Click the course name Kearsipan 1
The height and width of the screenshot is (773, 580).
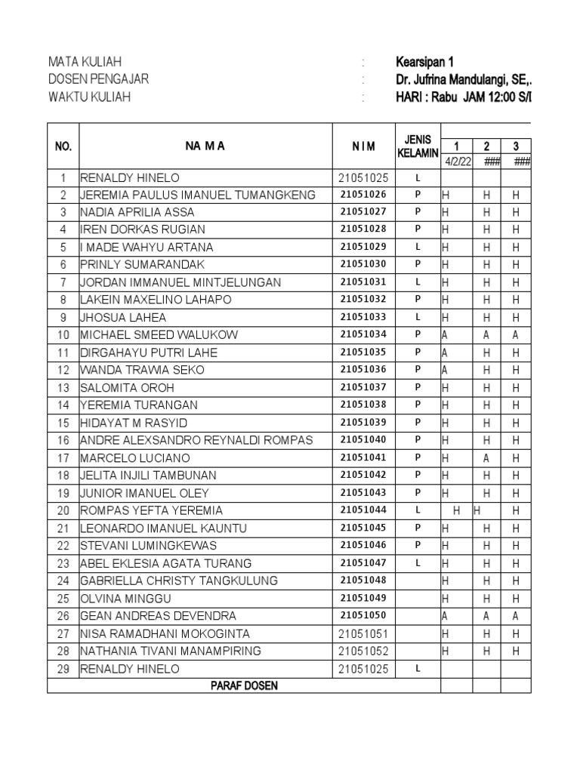(424, 63)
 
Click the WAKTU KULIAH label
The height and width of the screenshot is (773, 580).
(89, 97)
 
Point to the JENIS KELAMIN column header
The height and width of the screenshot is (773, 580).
(418, 146)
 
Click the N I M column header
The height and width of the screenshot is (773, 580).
(363, 146)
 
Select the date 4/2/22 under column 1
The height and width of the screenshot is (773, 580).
(456, 161)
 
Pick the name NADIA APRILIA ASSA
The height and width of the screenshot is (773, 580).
(137, 212)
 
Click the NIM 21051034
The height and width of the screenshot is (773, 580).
(363, 334)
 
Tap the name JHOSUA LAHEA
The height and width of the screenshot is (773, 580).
(123, 317)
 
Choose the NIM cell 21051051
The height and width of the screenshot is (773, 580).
(363, 633)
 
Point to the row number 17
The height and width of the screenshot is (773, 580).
(63, 458)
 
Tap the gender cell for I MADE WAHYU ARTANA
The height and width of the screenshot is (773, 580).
(418, 247)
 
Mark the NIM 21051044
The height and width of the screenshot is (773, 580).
(363, 510)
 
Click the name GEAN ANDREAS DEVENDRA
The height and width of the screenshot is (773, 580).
(158, 616)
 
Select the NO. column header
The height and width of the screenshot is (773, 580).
(63, 146)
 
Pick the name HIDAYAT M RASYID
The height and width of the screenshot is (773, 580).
(134, 423)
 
